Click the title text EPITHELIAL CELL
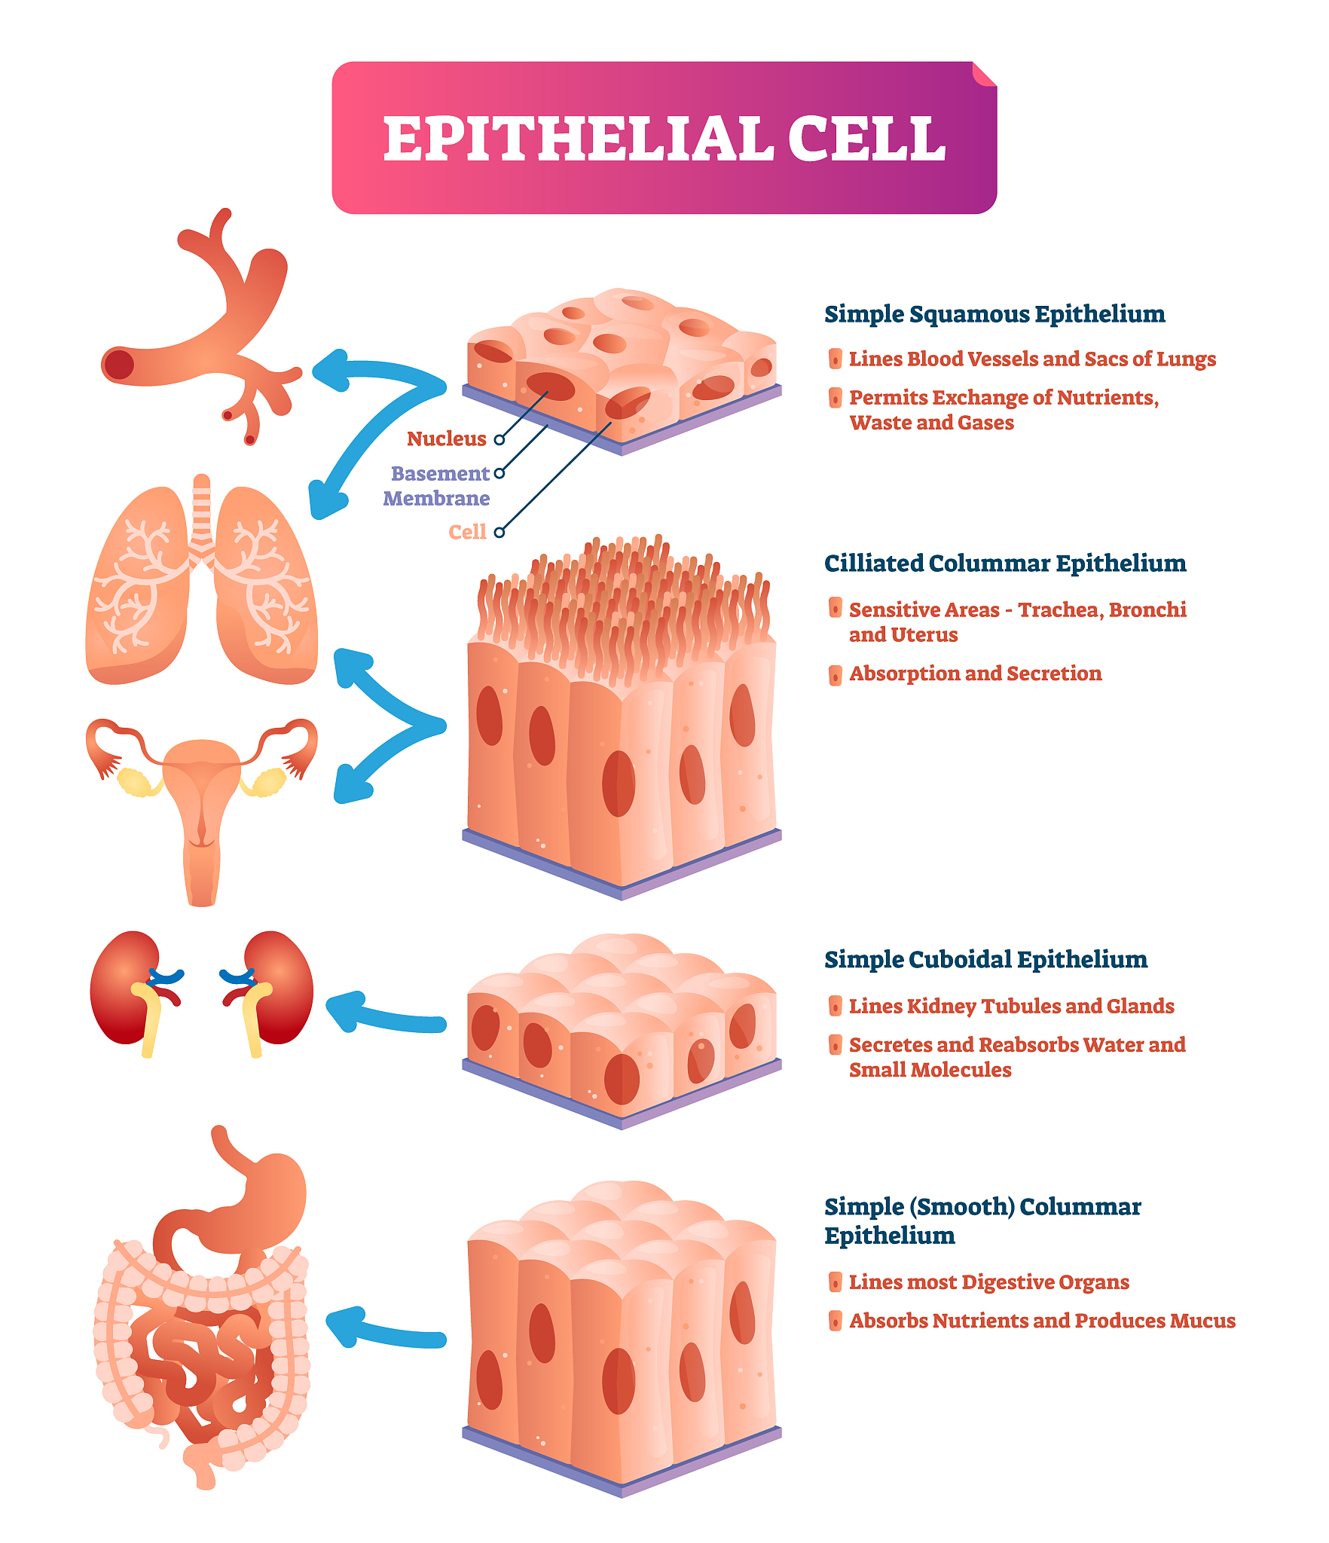pos(664,139)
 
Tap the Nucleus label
pos(447,438)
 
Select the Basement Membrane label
pos(436,486)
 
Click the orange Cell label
pos(467,532)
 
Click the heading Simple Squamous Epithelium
pos(994,314)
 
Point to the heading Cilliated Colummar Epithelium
pos(1005,564)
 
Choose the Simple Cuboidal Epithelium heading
pos(985,960)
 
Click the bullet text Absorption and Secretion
pos(975,674)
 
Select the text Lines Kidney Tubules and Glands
pos(1011,1007)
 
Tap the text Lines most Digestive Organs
pos(988,1282)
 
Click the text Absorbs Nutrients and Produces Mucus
pos(1042,1321)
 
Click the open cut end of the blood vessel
pos(119,365)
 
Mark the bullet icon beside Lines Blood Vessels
pos(835,359)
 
